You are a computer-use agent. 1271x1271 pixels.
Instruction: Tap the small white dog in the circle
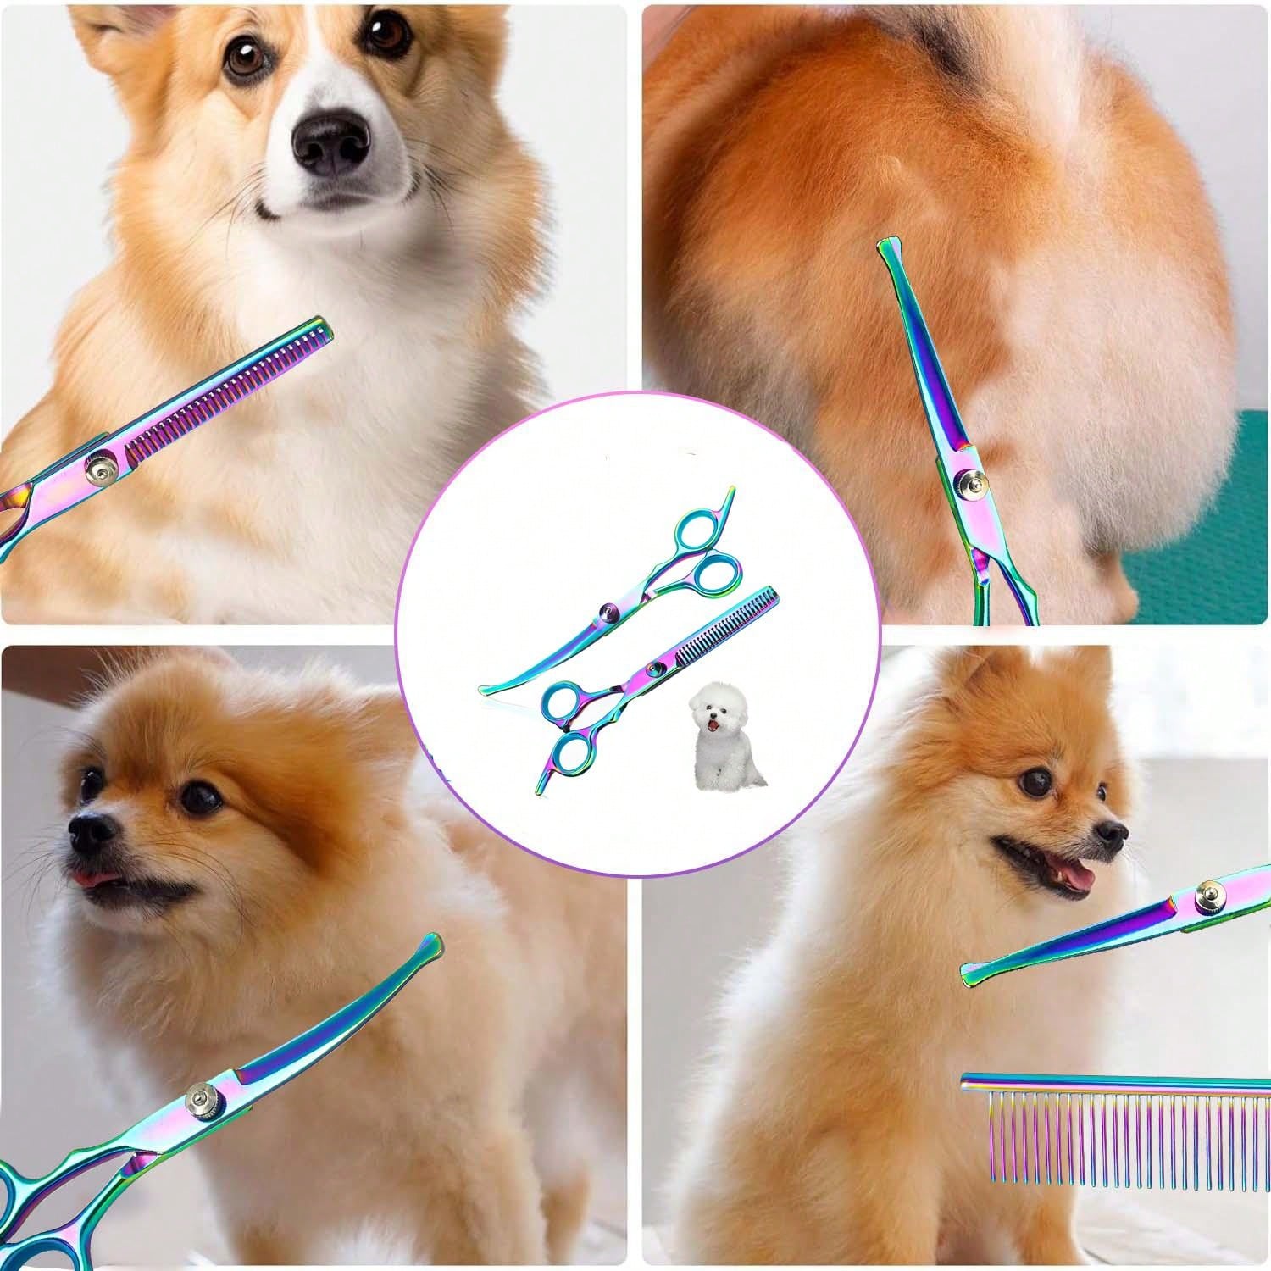tap(726, 737)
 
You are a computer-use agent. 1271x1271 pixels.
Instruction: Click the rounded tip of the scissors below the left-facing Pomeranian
tap(429, 943)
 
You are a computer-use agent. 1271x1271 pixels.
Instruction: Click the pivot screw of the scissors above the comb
tap(1210, 894)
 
